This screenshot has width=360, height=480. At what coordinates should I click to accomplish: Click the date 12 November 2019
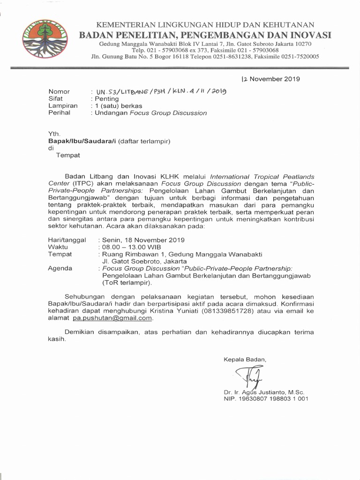[271, 79]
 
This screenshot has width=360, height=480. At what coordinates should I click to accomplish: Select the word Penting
[107, 99]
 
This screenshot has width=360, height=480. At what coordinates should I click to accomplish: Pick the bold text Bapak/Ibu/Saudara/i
[82, 141]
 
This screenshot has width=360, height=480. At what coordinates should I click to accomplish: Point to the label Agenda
[60, 269]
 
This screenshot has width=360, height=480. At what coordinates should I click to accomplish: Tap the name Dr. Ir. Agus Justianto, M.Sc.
[264, 392]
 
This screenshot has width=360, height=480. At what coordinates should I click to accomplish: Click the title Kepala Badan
[245, 359]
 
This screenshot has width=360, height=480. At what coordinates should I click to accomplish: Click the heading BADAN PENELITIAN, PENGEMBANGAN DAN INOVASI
[205, 35]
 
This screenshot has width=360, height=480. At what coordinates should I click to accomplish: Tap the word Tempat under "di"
[68, 155]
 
